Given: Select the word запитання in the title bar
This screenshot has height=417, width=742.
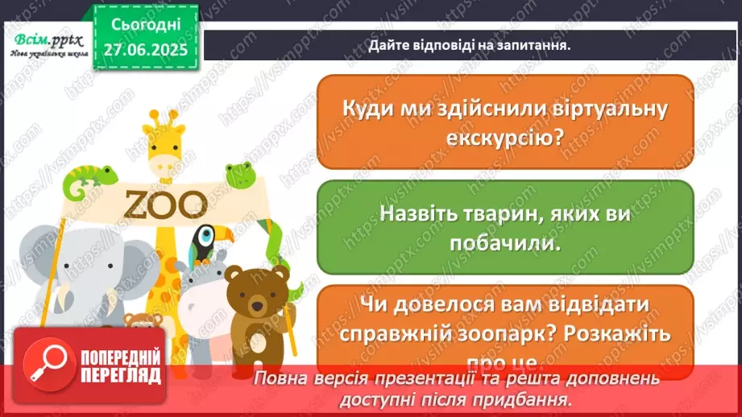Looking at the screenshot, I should [532, 45].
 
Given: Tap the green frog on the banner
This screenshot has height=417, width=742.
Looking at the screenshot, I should [238, 172].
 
